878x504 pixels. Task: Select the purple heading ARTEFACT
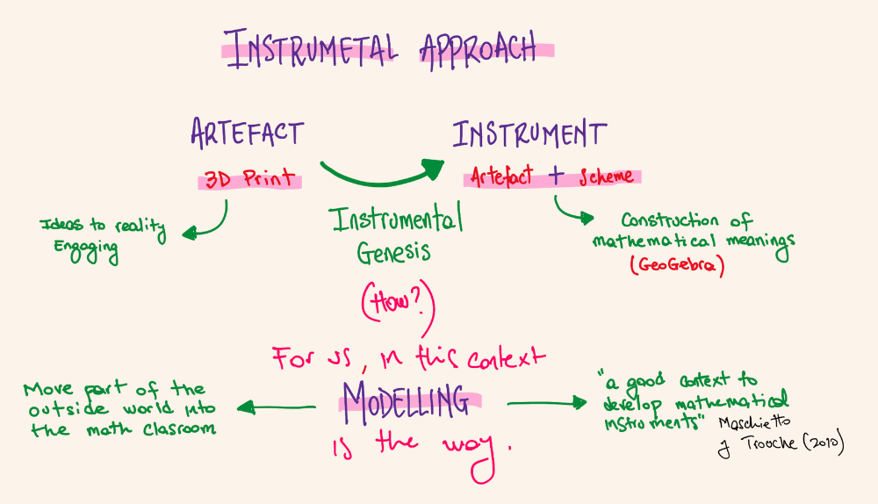[247, 133]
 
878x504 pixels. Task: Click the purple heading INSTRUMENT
[529, 135]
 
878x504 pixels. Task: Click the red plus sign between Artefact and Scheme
[555, 176]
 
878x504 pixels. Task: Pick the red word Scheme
[605, 176]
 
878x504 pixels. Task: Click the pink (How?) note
[396, 304]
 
